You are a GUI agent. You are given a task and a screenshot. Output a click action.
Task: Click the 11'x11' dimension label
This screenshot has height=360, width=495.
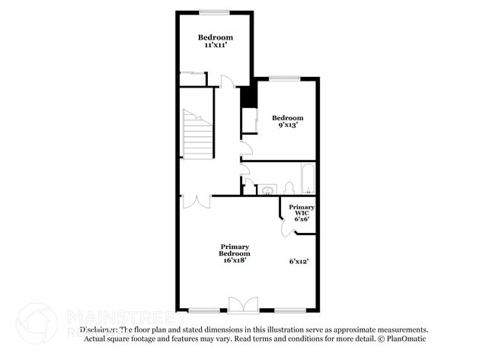(x=216, y=46)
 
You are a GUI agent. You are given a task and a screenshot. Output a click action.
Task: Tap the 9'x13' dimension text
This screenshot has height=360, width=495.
(x=287, y=126)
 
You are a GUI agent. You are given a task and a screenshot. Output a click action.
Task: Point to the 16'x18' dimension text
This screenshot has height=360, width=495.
(x=235, y=260)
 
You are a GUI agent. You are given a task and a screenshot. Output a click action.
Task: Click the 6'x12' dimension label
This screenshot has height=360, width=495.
(x=299, y=261)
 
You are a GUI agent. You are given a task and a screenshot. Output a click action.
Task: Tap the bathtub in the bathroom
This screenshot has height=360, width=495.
(x=308, y=178)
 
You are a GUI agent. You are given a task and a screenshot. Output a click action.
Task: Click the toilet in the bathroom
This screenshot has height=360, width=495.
(x=289, y=187)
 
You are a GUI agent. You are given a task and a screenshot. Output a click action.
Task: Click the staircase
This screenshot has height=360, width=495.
(x=196, y=135)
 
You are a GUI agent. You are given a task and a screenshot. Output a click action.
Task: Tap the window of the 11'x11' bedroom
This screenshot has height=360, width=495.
(x=216, y=11)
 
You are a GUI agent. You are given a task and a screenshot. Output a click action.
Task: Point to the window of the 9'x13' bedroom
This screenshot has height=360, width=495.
(x=283, y=78)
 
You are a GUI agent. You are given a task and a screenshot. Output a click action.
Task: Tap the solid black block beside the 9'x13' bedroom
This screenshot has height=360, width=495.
(x=246, y=97)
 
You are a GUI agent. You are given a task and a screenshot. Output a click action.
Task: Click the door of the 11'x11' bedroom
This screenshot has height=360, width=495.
(x=226, y=81)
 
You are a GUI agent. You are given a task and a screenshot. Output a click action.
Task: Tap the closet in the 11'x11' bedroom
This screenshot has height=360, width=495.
(x=192, y=78)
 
